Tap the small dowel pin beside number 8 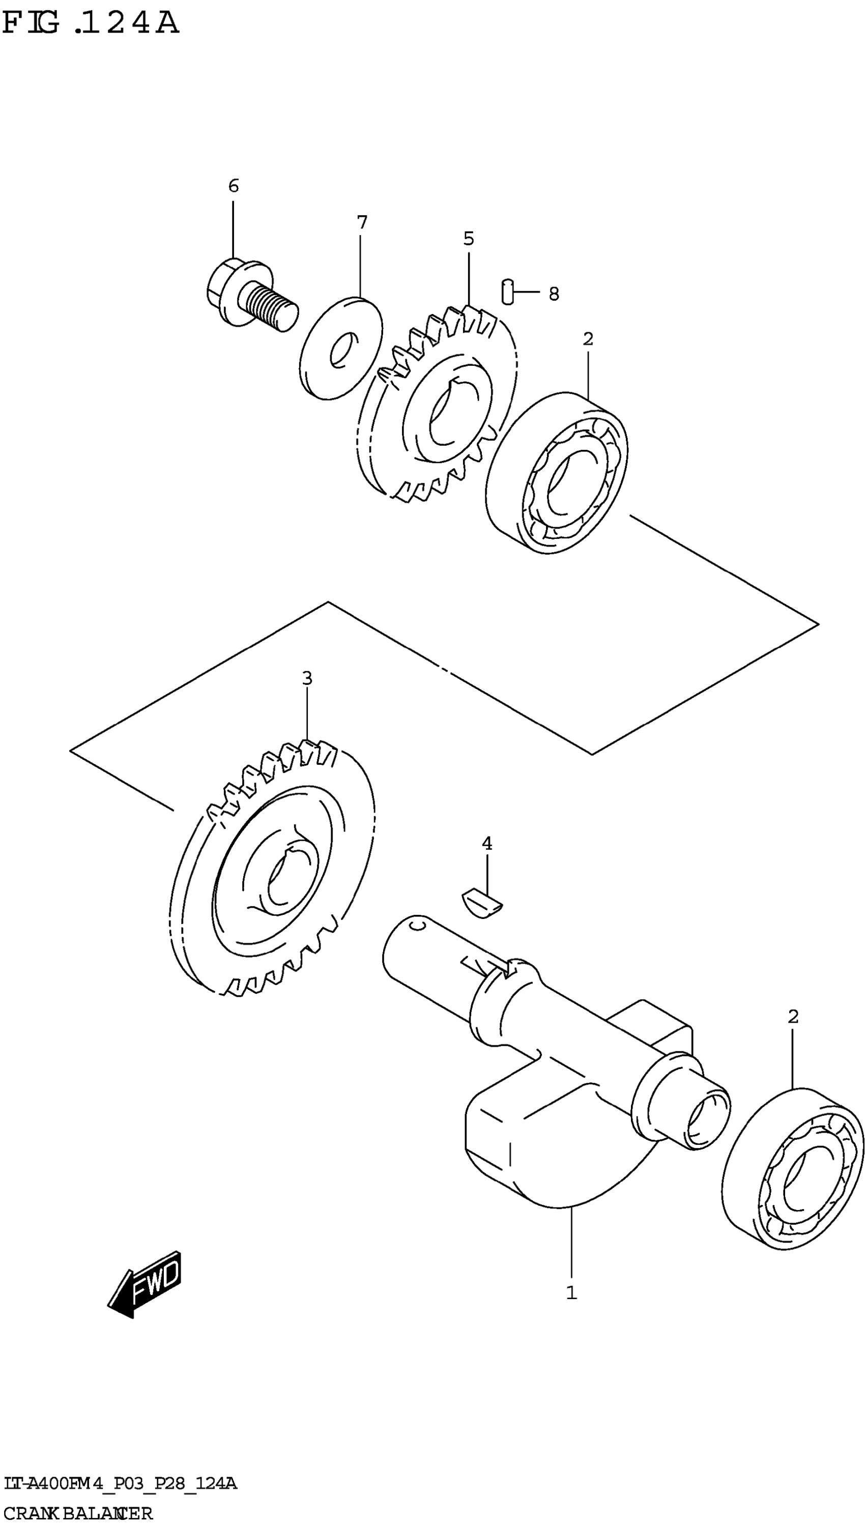pos(507,291)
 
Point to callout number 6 pos(234,186)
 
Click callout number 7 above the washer pos(362,223)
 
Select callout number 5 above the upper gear pos(469,239)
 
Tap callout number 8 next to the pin pos(554,294)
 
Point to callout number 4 pos(486,843)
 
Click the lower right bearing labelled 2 pos(793,1170)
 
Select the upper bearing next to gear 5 pos(557,473)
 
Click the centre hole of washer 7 pos(343,351)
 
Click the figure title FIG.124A pos(90,24)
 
